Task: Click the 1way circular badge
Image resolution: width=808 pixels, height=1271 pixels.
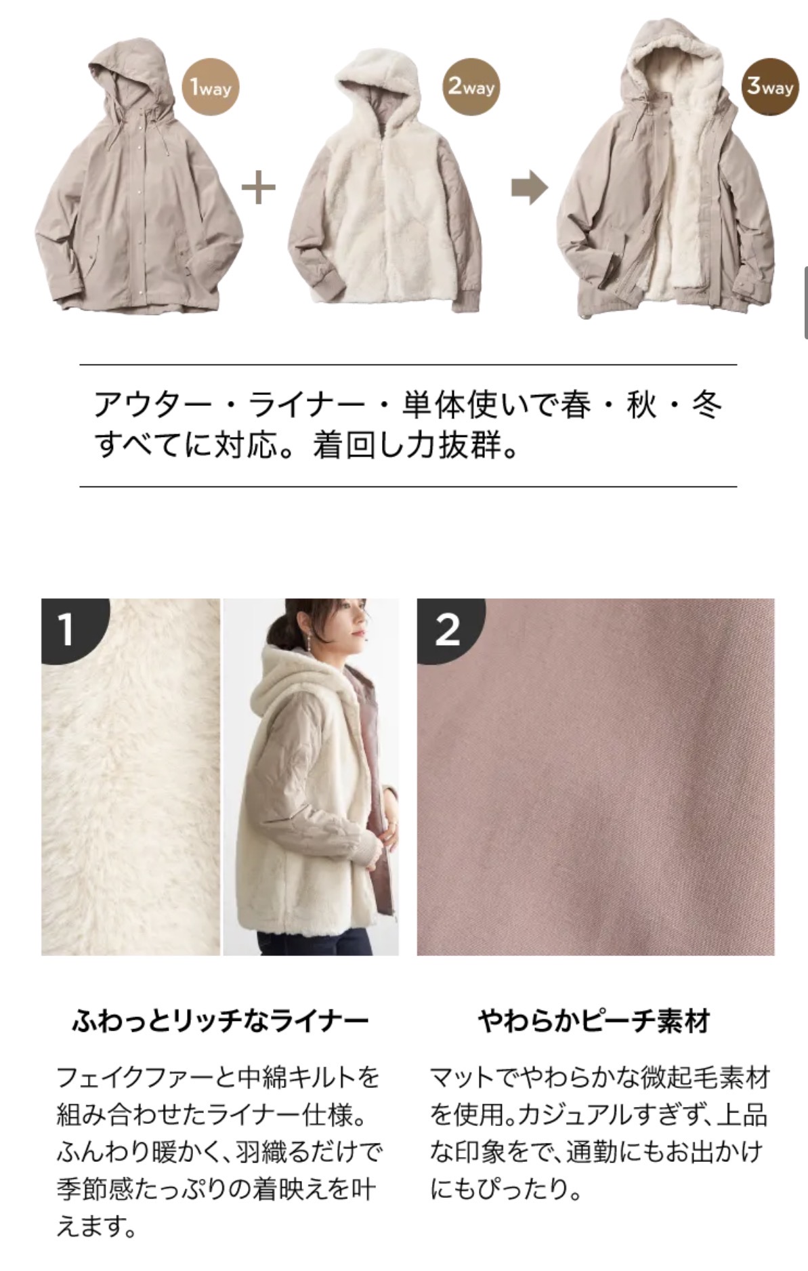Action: (211, 87)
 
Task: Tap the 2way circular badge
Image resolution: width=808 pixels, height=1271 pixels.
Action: (471, 87)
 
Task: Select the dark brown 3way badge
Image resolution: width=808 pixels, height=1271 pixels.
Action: (770, 87)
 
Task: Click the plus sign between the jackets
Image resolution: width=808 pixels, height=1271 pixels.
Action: (259, 187)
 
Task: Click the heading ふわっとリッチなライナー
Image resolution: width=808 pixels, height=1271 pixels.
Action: (220, 1020)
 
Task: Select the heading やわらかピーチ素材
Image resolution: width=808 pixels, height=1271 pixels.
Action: (595, 1020)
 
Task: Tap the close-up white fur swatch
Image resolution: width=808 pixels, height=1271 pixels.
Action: (131, 777)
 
